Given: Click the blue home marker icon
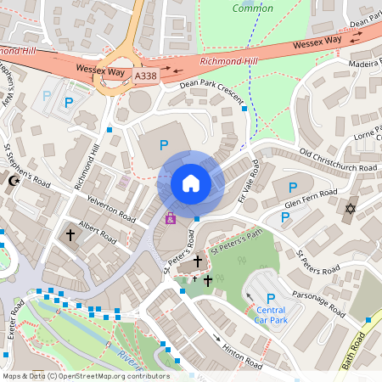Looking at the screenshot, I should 190,183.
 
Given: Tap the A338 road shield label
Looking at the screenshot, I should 146,76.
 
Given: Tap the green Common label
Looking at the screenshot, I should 253,8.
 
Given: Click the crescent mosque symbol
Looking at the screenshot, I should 13,181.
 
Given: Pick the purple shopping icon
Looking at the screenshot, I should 170,218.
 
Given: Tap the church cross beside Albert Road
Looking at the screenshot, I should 70,233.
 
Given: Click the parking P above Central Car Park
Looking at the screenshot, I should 271,298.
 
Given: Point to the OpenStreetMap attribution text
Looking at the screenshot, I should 85,376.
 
